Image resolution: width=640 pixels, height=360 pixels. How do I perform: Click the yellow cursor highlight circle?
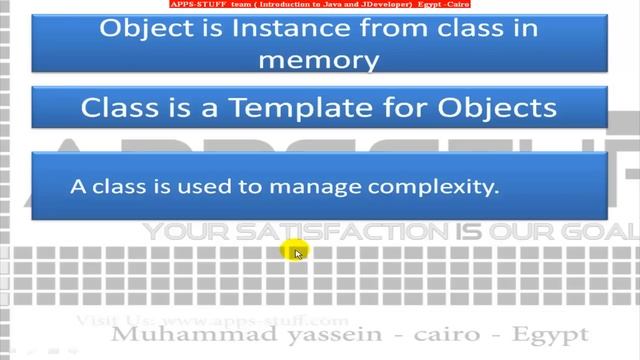[294, 251]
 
